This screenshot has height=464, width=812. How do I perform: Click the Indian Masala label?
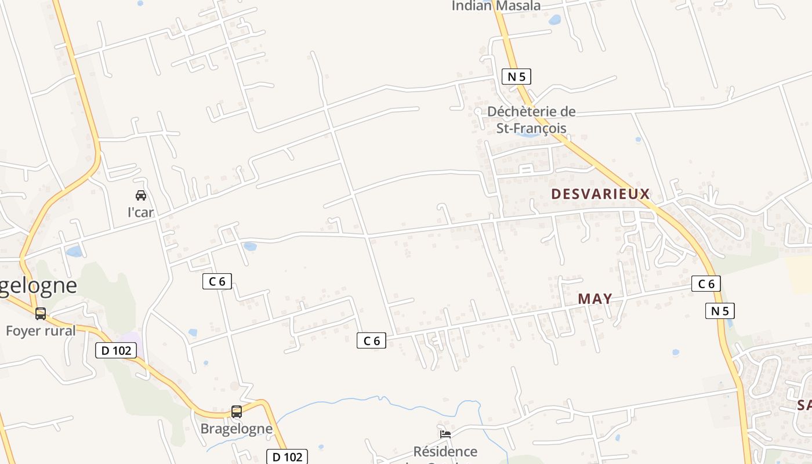click(496, 6)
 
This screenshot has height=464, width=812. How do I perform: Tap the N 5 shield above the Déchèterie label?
click(516, 77)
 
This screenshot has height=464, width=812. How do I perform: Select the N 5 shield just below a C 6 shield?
click(720, 311)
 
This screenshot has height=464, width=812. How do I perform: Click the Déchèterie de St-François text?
click(531, 120)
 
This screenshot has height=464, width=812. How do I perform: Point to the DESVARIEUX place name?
click(600, 194)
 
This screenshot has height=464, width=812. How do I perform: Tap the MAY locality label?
click(595, 299)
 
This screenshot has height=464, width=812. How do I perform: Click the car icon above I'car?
click(141, 195)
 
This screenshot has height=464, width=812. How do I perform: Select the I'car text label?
click(140, 212)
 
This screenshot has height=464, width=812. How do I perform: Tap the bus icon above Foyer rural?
click(41, 314)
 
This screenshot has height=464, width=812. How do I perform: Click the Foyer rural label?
click(41, 331)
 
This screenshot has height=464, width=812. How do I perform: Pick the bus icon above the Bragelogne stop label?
click(236, 412)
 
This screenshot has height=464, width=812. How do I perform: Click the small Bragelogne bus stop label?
click(236, 429)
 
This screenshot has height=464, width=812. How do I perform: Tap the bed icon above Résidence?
click(445, 434)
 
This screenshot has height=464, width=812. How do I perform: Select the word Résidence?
click(445, 451)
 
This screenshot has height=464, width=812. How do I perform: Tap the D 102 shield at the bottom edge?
click(287, 456)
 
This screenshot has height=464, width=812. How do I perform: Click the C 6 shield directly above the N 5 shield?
click(706, 284)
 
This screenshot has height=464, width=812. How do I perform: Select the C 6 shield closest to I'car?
click(217, 282)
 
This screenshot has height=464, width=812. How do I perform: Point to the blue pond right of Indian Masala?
click(555, 20)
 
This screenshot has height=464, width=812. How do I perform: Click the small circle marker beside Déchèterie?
click(478, 111)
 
